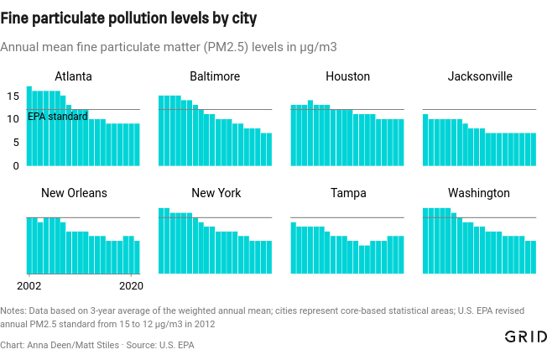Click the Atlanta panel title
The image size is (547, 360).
73,76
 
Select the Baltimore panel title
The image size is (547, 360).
215,76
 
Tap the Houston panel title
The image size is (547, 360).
347,76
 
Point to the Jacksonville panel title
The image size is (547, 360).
480,76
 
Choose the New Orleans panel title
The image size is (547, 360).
74,193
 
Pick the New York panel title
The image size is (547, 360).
216,193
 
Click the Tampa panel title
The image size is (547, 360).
348,193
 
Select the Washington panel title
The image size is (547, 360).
478,193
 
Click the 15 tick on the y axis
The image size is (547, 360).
13,97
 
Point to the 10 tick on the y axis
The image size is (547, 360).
13,119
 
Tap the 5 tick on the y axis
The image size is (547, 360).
15,143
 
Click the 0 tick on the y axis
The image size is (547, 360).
15,165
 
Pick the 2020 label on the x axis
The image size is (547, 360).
130,285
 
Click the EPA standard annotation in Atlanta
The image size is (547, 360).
57,117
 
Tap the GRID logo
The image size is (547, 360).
526,337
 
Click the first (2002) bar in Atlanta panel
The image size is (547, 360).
29,126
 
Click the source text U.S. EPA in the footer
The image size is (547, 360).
175,345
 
